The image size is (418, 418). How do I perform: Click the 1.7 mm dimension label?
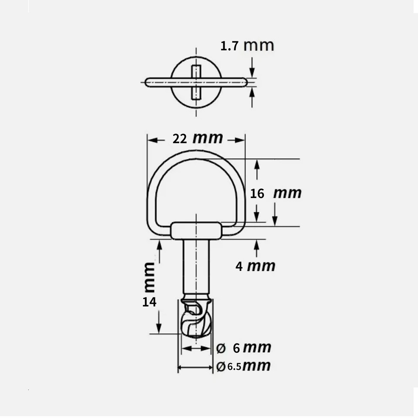coord(247,45)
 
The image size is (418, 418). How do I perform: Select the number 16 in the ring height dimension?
coord(257,193)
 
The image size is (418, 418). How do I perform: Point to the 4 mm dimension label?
coord(255,266)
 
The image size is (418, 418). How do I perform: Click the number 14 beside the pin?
coord(149,302)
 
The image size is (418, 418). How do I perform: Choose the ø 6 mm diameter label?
coord(244,348)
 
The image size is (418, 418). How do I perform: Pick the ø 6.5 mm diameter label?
coord(243,366)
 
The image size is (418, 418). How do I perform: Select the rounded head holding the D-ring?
coord(196,230)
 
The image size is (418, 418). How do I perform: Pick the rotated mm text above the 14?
coord(149,277)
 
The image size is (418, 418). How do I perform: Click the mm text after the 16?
coord(287,193)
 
